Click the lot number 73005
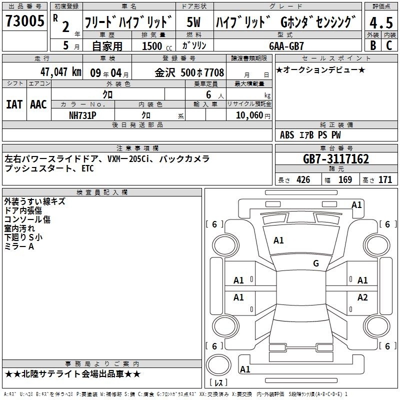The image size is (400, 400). point(24,20)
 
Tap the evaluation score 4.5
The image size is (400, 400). point(381,22)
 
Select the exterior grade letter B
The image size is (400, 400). point(373,45)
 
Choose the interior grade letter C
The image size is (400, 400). point(389,45)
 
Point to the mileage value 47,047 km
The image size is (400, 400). point(61,72)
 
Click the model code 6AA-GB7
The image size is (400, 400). point(286,46)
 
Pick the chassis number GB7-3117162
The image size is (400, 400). point(336,159)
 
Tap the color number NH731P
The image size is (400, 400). point(82,115)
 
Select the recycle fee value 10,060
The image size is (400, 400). point(249,115)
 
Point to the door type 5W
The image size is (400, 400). point(193,22)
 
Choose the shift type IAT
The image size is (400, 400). point(14,104)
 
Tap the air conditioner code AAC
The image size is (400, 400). point(38,104)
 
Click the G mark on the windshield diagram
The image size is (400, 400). point(316,263)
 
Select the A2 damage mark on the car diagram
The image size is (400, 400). point(362,297)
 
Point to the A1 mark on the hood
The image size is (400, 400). point(278,240)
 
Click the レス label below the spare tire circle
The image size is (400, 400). point(218,382)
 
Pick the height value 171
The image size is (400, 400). point(385,179)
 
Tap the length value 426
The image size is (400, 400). point(303,179)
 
